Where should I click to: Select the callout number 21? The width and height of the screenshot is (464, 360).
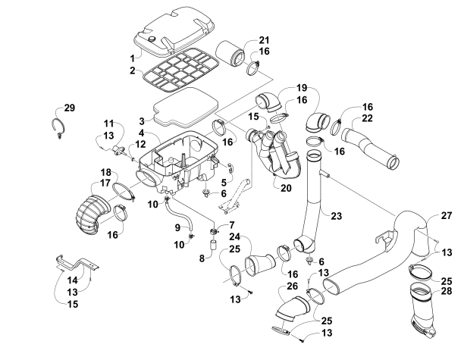pyautogui.click(x=243, y=40)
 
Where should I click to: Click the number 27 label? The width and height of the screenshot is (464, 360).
pyautogui.click(x=447, y=216)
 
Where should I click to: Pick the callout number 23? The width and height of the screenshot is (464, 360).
pyautogui.click(x=335, y=215)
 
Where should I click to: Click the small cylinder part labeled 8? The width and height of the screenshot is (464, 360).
pyautogui.click(x=214, y=246)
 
